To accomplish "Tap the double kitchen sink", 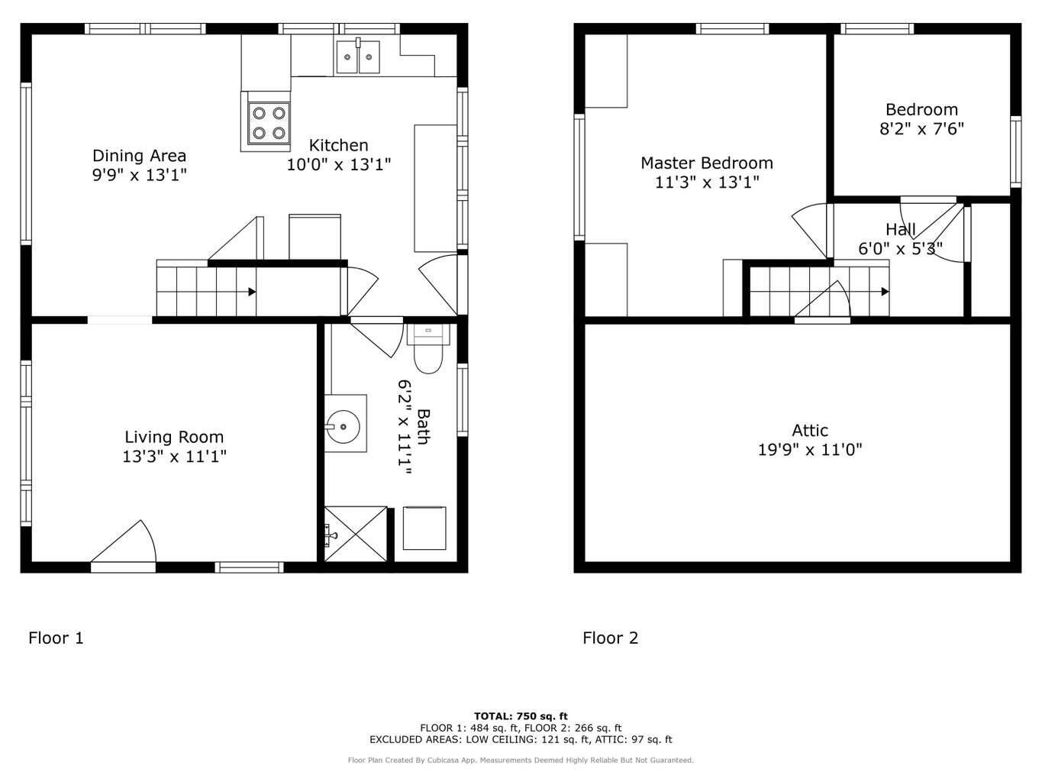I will (x=358, y=57).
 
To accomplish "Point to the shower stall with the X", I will (x=356, y=534).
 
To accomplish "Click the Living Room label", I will (x=174, y=437).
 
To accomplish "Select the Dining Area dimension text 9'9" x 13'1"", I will (x=139, y=175).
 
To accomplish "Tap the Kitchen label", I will (x=338, y=145).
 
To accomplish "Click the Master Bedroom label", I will (x=706, y=163).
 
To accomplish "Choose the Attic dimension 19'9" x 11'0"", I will (x=809, y=450).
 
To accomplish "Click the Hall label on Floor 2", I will (x=900, y=229).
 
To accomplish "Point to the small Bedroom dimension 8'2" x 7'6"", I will (x=921, y=129).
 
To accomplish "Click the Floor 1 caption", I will (x=56, y=638).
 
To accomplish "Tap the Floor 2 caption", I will (x=610, y=638).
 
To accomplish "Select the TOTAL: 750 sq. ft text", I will (x=521, y=716).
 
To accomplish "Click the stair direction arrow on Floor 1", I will (x=251, y=292).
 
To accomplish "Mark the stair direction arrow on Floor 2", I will (x=884, y=292).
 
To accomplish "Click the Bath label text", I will (x=422, y=425).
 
